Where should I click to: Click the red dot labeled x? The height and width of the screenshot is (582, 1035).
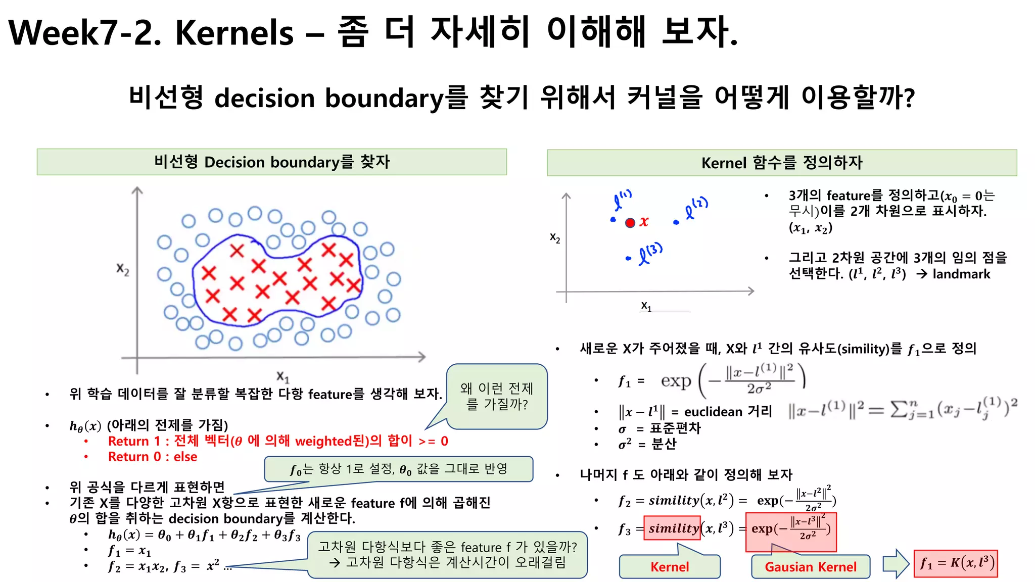pos(630,223)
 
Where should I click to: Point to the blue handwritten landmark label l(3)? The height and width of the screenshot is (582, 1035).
pos(649,254)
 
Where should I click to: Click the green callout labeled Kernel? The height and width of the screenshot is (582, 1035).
pos(669,566)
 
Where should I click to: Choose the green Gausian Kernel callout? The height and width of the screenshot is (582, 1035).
pos(810,566)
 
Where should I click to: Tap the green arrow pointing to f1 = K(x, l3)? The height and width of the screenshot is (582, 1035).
pos(896,563)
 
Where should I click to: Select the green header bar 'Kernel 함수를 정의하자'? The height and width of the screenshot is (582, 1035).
pos(781,163)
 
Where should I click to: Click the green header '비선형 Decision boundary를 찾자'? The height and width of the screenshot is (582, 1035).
pos(271,162)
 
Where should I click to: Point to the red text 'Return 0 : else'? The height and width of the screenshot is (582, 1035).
pos(153,457)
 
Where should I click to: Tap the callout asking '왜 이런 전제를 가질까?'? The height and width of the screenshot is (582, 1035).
pos(497,396)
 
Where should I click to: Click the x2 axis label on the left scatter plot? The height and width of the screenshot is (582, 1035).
pos(123,269)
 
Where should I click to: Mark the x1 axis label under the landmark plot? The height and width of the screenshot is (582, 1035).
pos(646,306)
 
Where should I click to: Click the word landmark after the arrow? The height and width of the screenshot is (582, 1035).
pos(961,274)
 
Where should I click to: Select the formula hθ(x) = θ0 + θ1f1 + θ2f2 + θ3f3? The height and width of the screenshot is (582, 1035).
pos(204,535)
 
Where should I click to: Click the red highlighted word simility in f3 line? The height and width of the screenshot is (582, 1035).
pos(673,528)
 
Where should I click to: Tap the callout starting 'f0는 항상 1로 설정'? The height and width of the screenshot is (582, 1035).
pos(398,469)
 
